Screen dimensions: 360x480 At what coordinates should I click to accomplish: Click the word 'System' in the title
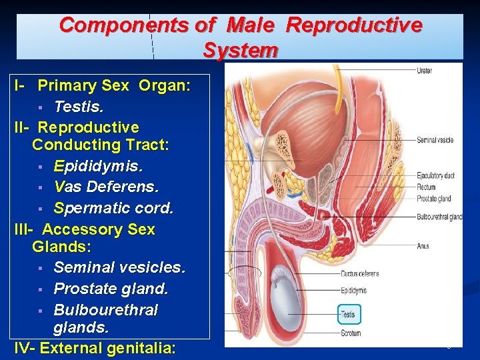241,50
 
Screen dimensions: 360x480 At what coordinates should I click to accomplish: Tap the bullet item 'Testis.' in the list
79,106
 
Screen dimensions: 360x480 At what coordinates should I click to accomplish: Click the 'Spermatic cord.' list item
113,207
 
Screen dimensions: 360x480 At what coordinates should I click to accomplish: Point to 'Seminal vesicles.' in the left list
119,267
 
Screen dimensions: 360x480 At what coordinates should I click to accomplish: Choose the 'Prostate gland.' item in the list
111,289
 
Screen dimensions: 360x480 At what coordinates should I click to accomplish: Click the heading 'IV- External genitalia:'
95,348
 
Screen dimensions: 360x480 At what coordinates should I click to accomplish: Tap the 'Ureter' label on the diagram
424,71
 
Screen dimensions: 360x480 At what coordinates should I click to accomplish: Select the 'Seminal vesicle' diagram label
435,140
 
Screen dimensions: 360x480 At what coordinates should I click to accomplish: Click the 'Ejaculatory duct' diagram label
435,175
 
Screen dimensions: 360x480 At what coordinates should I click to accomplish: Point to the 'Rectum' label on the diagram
426,187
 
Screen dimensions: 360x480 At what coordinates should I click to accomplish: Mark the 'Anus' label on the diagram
423,246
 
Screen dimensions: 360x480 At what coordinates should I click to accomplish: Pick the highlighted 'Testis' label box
349,314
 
